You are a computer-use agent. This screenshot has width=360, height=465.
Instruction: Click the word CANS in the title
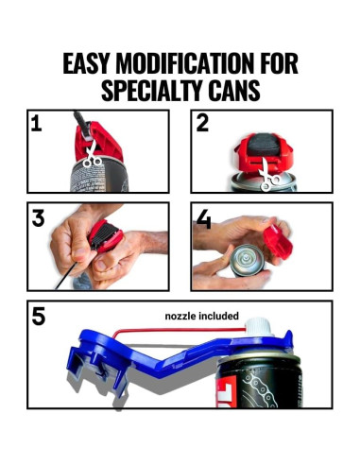(234, 90)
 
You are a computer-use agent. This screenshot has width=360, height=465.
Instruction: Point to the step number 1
(36, 124)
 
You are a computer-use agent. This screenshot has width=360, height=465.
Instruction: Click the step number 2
(202, 124)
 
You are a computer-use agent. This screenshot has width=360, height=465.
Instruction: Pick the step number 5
(39, 317)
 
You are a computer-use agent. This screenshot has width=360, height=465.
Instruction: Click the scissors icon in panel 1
(92, 154)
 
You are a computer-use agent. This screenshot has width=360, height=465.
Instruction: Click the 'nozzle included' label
(202, 316)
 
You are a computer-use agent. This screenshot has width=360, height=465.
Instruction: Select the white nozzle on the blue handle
(259, 327)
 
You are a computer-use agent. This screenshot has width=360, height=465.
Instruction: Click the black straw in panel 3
(67, 276)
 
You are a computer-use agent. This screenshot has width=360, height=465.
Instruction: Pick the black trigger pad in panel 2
(264, 145)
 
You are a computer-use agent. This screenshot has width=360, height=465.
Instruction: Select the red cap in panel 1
(98, 140)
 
